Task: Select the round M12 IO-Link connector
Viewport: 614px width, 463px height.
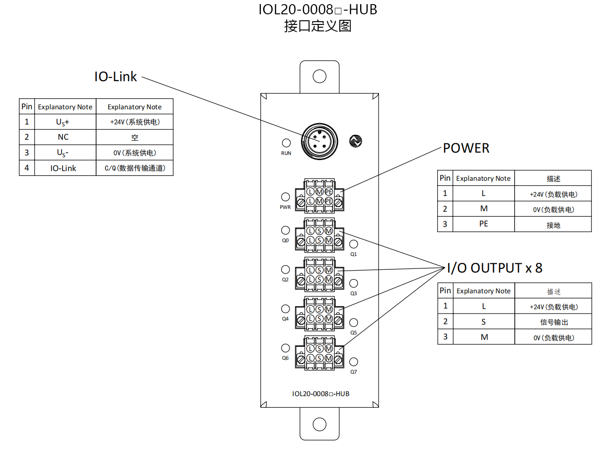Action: [x=319, y=142]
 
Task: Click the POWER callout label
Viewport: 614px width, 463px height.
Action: [x=466, y=148]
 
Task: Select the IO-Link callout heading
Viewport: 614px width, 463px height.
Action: [x=115, y=77]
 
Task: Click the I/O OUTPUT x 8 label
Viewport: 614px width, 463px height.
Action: [x=494, y=267]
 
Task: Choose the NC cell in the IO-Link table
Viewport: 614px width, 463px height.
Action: [x=63, y=137]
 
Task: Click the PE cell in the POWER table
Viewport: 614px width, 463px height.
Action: [x=483, y=224]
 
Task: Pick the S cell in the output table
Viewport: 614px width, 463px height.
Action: [x=483, y=322]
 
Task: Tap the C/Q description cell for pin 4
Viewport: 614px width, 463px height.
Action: [x=135, y=168]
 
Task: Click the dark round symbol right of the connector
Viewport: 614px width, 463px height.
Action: [x=355, y=141]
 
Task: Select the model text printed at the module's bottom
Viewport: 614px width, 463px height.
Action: [x=320, y=394]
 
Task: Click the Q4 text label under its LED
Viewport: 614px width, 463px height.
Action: [x=285, y=319]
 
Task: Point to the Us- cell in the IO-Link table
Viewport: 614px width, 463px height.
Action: [x=63, y=153]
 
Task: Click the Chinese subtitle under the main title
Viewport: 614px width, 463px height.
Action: [x=318, y=26]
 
